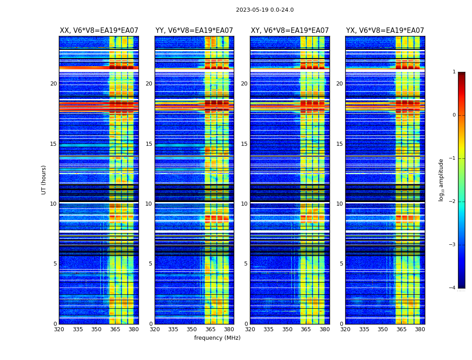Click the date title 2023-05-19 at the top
point(265,10)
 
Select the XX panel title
point(99,31)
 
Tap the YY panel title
point(194,31)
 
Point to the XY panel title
point(289,31)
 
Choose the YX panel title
point(385,31)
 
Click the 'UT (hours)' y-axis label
point(44,180)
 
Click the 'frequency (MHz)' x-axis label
point(217,338)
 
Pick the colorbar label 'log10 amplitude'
point(441,180)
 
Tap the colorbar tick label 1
point(454,72)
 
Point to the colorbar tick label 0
point(454,115)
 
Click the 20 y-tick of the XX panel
point(53,84)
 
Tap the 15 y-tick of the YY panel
point(149,144)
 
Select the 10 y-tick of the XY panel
point(244,204)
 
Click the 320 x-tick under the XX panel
point(59,329)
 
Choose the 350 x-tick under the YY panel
point(192,329)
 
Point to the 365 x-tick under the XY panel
point(306,329)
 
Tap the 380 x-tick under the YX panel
point(420,329)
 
